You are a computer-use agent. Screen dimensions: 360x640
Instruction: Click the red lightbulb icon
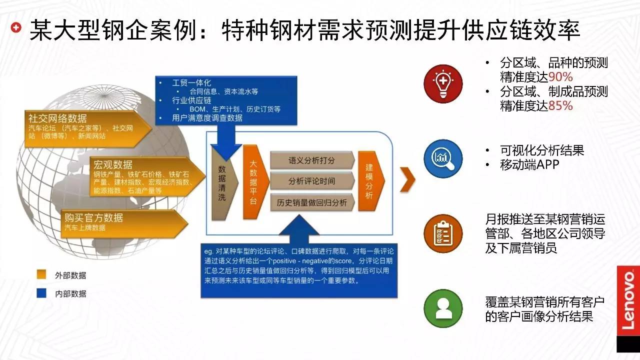[x=443, y=82]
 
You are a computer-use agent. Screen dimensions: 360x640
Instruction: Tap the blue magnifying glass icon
[x=443, y=157]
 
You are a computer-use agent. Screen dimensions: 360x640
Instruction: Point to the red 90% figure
[x=560, y=77]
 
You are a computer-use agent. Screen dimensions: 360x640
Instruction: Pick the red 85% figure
[x=560, y=106]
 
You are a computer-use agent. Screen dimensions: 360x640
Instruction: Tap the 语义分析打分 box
[x=312, y=160]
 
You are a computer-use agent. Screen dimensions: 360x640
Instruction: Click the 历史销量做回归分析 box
[x=312, y=202]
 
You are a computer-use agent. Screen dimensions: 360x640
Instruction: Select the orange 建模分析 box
[x=370, y=181]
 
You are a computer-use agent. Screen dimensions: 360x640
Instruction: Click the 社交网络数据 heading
[x=57, y=118]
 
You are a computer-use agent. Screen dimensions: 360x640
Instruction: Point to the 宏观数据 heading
[x=113, y=164]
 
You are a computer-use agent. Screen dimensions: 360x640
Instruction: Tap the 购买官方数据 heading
[x=93, y=217]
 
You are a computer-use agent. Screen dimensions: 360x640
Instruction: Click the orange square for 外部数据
[x=41, y=275]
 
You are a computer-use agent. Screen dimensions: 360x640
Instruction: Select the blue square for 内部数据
[x=41, y=293]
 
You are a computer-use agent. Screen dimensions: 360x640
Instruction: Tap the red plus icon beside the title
[x=17, y=28]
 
